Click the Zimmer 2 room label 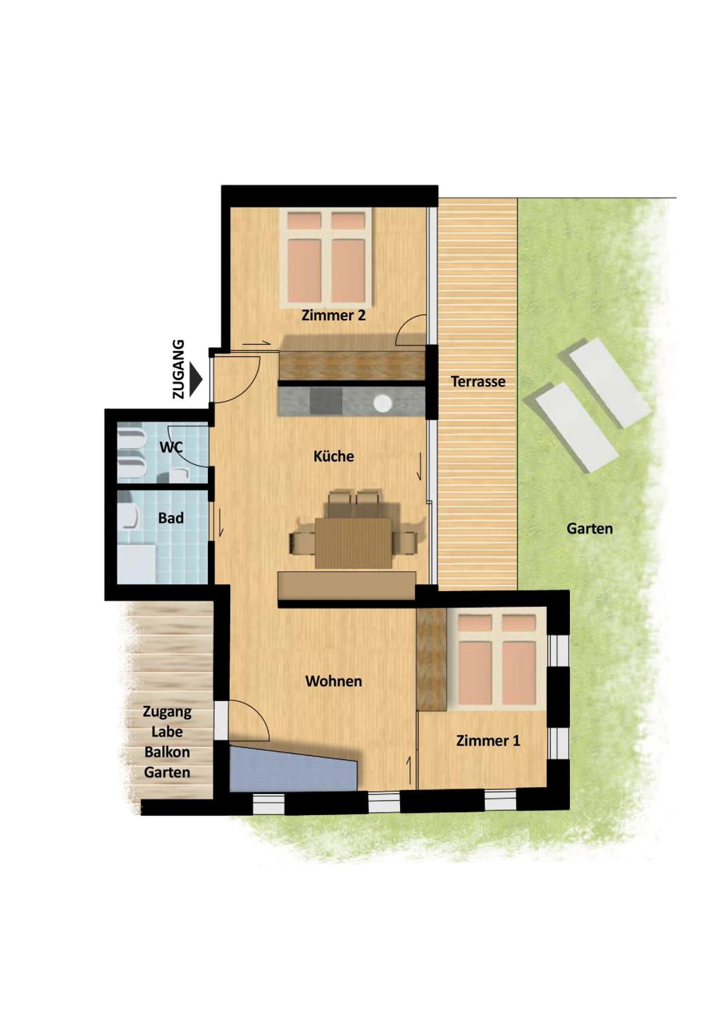tap(333, 315)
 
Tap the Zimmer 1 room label tap(488, 740)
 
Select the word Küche tap(333, 456)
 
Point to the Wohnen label tap(333, 681)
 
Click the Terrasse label tap(478, 381)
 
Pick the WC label tap(171, 447)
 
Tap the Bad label tap(171, 518)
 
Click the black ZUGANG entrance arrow tap(195, 379)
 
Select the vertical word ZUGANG tap(179, 369)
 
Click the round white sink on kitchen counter tap(382, 403)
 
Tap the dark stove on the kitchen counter tap(325, 401)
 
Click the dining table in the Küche tap(353, 542)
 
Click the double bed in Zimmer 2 tap(326, 258)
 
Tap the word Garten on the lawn tap(589, 529)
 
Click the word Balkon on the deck tap(167, 752)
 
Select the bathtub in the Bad tap(136, 563)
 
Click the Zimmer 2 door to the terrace tap(411, 330)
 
